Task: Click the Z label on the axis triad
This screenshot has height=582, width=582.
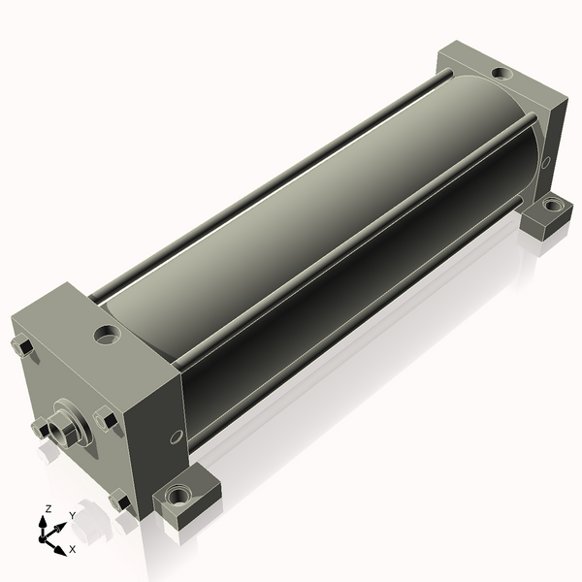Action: pos(48,509)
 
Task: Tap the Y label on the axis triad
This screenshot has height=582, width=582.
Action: pos(73,515)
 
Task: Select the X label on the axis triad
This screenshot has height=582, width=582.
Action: pos(73,549)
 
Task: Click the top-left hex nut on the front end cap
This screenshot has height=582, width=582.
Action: pos(22,346)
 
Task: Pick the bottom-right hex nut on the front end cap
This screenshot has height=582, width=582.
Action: pos(120,501)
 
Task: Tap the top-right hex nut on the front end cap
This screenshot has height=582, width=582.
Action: pos(105,419)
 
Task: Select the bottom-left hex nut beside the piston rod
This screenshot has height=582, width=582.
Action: pos(40,428)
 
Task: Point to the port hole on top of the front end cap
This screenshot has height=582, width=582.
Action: pos(108,335)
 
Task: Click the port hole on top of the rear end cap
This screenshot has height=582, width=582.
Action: pos(501,73)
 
